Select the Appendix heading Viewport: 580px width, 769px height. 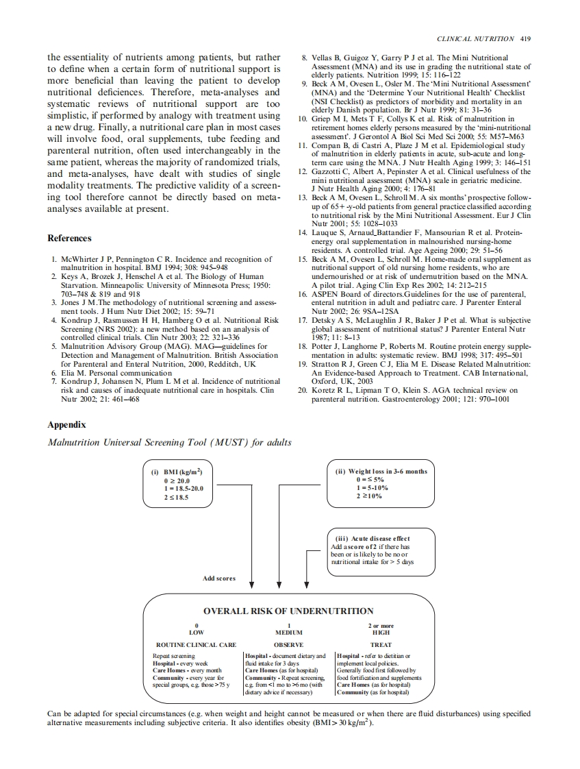pos(66,424)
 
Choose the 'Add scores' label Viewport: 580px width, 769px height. pos(219,578)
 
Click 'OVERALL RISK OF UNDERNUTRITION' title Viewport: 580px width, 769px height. pos(288,611)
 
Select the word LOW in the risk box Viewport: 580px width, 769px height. pos(197,633)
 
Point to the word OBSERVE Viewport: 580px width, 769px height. pos(288,645)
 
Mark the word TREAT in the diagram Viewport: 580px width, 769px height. pos(381,645)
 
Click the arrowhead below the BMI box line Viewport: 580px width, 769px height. pos(252,585)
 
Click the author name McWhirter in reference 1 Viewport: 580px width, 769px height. pos(81,259)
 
